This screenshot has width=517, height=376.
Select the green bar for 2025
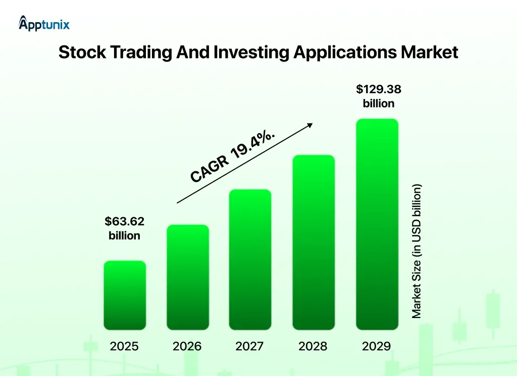pyautogui.click(x=125, y=295)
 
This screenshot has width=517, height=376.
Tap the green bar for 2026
pyautogui.click(x=188, y=277)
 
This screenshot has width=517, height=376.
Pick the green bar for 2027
pyautogui.click(x=250, y=260)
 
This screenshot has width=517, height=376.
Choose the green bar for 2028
pyautogui.click(x=314, y=242)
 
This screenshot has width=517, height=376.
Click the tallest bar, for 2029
pyautogui.click(x=377, y=224)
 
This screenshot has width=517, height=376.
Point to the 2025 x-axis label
pyautogui.click(x=124, y=346)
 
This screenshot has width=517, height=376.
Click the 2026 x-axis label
pyautogui.click(x=187, y=346)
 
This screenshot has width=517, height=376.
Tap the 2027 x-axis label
pyautogui.click(x=250, y=346)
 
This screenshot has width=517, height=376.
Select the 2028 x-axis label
pyautogui.click(x=313, y=346)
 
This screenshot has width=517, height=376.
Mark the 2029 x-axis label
pyautogui.click(x=376, y=346)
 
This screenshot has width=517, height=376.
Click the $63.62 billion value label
pyautogui.click(x=125, y=228)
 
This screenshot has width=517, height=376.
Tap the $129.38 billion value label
pyautogui.click(x=379, y=96)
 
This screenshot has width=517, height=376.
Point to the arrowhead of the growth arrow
pyautogui.click(x=311, y=124)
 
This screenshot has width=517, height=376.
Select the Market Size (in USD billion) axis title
pyautogui.click(x=416, y=251)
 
